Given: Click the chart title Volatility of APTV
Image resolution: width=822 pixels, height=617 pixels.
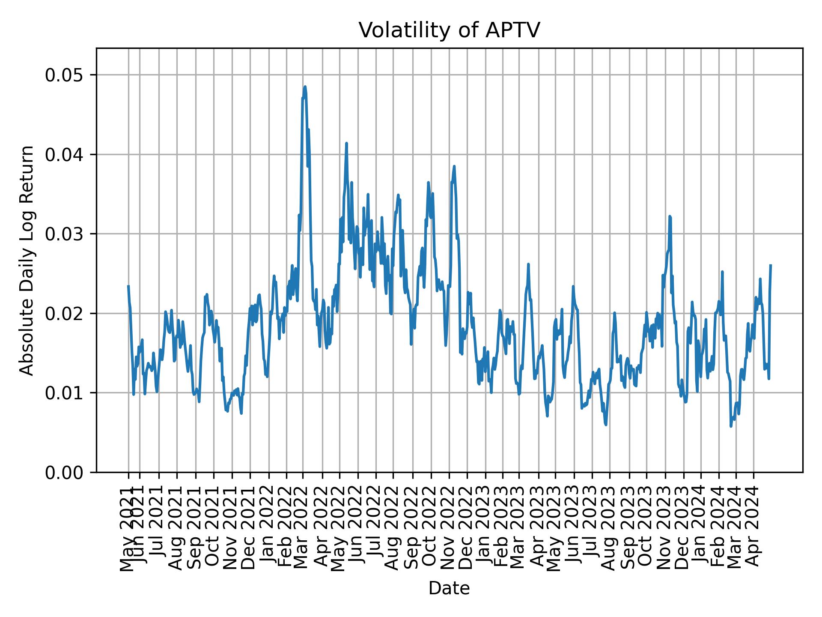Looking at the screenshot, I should [449, 30].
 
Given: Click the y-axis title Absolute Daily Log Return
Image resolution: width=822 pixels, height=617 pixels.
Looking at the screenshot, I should [27, 260].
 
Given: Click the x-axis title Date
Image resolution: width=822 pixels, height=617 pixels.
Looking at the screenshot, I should [449, 588].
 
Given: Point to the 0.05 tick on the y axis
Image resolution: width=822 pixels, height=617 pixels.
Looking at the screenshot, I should [64, 75].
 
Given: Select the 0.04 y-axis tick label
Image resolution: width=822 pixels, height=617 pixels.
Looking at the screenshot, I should [64, 155].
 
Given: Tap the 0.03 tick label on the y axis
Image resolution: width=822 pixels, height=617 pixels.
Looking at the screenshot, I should [64, 234].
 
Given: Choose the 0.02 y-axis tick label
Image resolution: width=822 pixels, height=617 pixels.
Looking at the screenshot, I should [64, 313].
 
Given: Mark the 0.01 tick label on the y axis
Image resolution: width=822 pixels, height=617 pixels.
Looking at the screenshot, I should [64, 393].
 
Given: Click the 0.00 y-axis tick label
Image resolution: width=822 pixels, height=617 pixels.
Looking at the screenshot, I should [64, 472].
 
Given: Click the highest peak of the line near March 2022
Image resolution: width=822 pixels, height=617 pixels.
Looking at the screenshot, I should [305, 87].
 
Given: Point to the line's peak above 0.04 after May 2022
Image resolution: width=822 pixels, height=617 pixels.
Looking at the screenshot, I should [346, 144].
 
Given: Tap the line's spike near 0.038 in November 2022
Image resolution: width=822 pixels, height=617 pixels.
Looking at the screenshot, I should [454, 166].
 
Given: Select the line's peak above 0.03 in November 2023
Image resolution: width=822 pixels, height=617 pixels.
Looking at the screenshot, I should [670, 217].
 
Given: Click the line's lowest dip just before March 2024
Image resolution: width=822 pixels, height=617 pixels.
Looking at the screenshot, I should [731, 426].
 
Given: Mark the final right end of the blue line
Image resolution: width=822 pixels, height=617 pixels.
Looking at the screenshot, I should [771, 265].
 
